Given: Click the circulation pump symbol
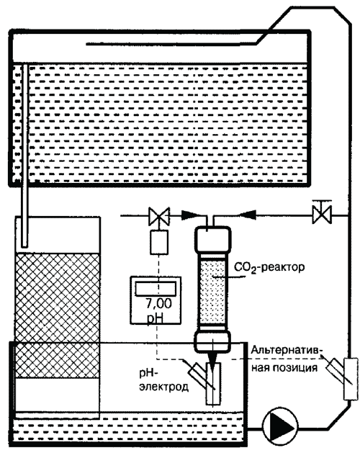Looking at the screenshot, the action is click(x=280, y=426).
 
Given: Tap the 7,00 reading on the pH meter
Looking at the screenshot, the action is click(x=158, y=304).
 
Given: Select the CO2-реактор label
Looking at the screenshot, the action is click(x=269, y=267).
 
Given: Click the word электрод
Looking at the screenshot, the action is click(x=164, y=387).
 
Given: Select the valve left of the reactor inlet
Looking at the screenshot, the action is click(x=159, y=216).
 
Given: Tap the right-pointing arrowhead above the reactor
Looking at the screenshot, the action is click(x=190, y=215).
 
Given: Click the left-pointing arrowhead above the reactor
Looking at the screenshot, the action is click(x=248, y=214).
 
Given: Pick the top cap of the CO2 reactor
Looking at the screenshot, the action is click(x=213, y=239).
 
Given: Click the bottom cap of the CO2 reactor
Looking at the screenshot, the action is click(x=212, y=341).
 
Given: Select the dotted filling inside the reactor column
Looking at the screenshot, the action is click(x=212, y=292).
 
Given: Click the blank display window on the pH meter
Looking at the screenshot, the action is click(x=156, y=289).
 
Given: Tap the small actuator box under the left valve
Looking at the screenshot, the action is click(x=159, y=242).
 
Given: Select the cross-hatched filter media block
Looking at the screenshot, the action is click(x=57, y=315).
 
